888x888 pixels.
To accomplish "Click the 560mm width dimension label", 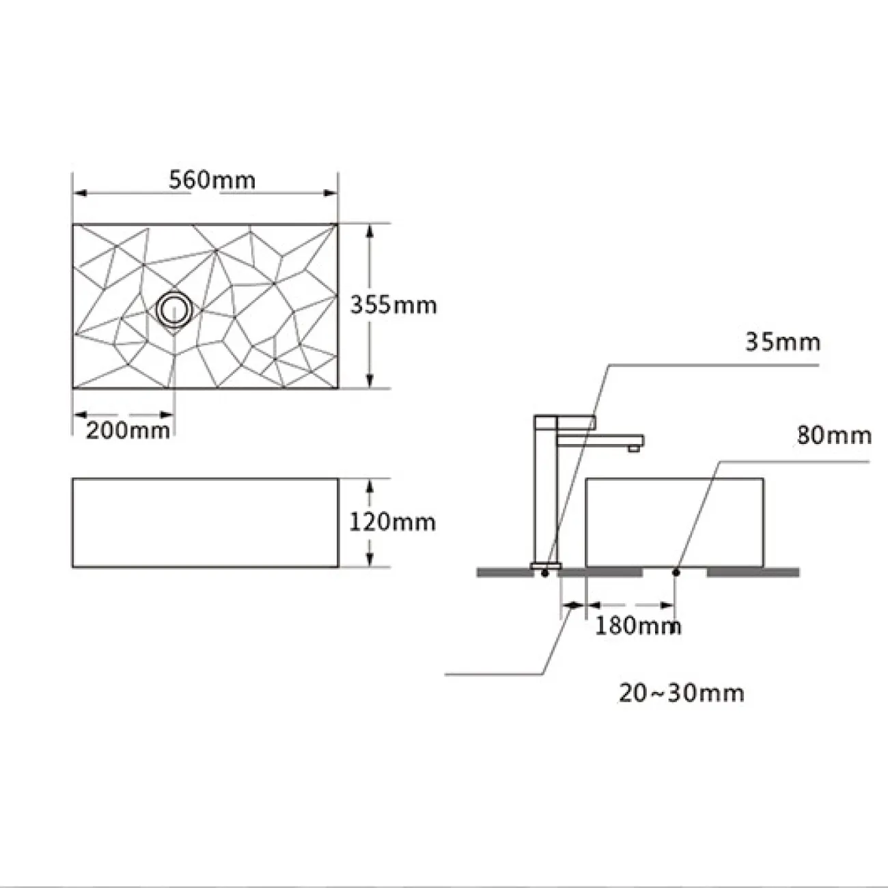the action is click(212, 180).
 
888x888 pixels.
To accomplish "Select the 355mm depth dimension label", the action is click(393, 305).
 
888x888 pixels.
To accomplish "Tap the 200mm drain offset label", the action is click(128, 431).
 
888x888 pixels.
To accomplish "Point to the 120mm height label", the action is click(393, 522).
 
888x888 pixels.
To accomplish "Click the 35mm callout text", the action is click(783, 343).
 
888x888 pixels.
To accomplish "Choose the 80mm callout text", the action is click(835, 436).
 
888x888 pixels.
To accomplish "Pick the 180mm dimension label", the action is click(638, 626).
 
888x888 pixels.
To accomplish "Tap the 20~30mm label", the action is click(681, 706).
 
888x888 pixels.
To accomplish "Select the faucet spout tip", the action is click(634, 447).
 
